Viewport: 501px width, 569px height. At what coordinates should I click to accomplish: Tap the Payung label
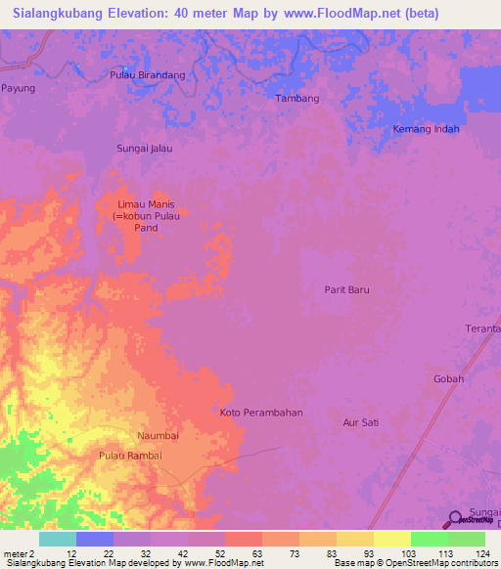[x=18, y=88]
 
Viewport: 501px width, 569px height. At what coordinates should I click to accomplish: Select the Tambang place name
[x=297, y=99]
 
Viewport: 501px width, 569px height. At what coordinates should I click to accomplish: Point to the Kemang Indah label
[x=426, y=129]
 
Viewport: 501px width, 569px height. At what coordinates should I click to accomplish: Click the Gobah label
[x=448, y=378]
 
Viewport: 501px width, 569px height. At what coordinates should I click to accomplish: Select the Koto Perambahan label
[x=261, y=413]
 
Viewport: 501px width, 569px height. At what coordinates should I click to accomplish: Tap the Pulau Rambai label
[x=130, y=456]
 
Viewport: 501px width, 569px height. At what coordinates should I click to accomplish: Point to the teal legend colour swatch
[x=57, y=539]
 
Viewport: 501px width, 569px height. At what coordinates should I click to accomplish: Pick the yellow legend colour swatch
[x=392, y=539]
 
